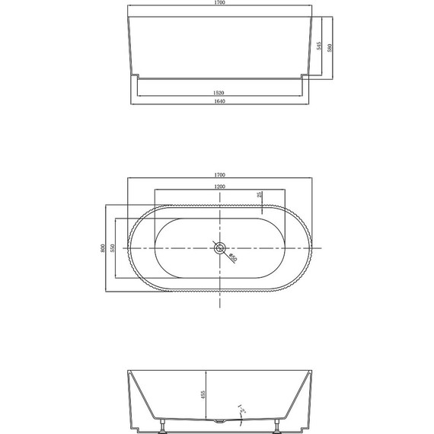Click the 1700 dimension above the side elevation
tap(219, 3)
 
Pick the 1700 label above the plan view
tap(219, 174)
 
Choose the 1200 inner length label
tap(219, 187)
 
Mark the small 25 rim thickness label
tap(260, 196)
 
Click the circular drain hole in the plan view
tap(219, 247)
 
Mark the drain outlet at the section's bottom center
tap(219, 421)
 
